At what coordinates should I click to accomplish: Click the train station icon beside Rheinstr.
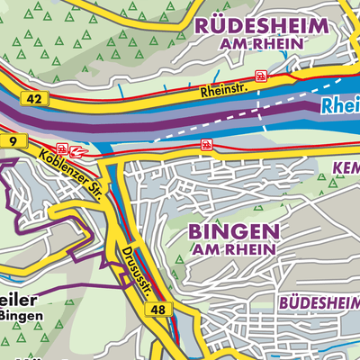coord(261,76)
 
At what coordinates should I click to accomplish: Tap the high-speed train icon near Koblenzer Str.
coord(78,148)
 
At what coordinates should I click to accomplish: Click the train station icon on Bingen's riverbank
coord(206,144)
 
